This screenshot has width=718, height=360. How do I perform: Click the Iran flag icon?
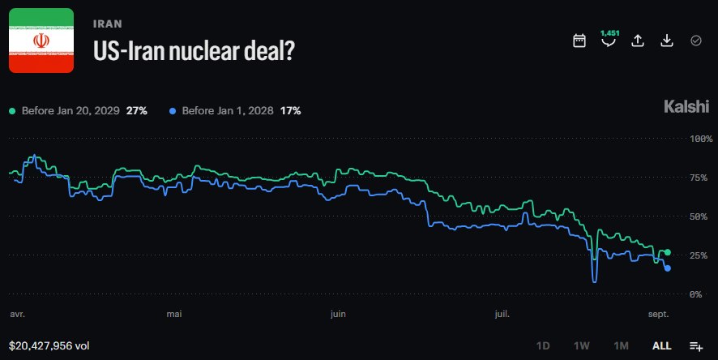(x=41, y=41)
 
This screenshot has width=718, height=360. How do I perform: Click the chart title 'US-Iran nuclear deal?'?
(x=194, y=50)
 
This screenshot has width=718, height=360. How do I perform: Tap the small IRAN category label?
(x=108, y=24)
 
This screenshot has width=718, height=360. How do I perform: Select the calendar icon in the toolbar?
(x=579, y=41)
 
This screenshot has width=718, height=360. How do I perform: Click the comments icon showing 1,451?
(x=609, y=39)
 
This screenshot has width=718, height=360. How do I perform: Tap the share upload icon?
(x=638, y=41)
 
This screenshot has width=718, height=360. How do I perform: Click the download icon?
(x=667, y=41)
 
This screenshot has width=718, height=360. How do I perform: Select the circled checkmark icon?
(x=696, y=41)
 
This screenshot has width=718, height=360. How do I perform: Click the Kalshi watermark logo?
(x=686, y=106)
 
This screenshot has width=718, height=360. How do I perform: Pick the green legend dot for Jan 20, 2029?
(x=12, y=111)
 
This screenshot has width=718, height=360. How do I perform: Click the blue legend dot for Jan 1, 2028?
(x=173, y=111)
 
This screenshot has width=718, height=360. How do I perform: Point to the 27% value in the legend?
(x=136, y=111)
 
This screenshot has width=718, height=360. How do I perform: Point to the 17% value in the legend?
(x=290, y=111)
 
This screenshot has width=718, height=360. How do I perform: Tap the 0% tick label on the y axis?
(x=695, y=294)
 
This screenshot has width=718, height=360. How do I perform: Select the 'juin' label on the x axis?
(x=338, y=315)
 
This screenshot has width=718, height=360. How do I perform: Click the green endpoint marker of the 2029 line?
(x=667, y=252)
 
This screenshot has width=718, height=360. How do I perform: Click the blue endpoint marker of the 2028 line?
(x=667, y=268)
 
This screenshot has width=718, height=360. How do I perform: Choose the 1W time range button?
(x=582, y=345)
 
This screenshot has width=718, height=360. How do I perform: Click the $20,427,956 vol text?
(x=49, y=345)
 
